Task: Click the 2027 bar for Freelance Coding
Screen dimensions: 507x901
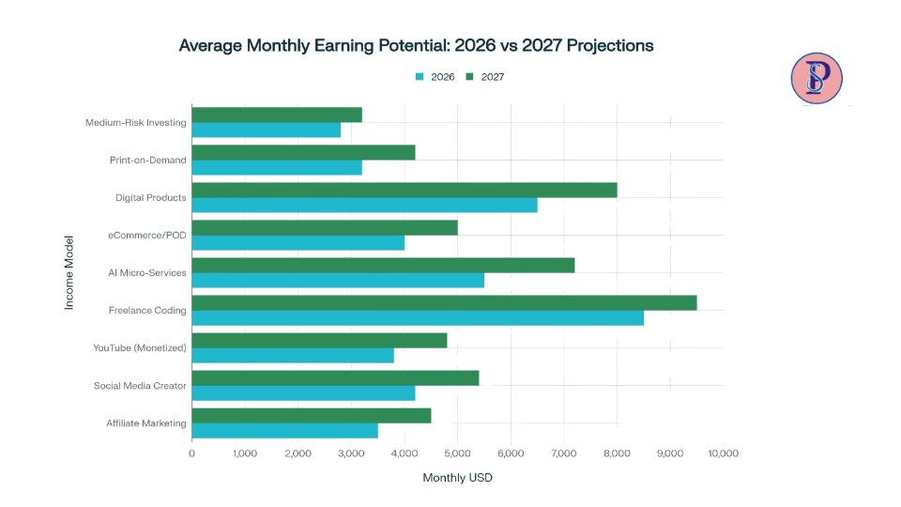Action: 444,302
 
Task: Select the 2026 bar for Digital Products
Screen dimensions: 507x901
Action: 364,205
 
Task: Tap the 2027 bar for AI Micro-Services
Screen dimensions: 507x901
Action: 383,265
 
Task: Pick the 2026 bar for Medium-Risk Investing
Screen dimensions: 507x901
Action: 266,130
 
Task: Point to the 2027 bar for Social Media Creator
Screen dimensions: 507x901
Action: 335,377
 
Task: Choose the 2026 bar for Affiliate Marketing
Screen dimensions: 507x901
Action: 284,430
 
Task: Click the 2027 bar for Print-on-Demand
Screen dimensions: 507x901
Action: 303,152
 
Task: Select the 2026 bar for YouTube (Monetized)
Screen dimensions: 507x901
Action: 293,355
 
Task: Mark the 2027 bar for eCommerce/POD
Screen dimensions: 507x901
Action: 325,227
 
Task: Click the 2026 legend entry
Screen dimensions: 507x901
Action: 435,77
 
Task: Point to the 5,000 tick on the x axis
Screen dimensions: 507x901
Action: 457,453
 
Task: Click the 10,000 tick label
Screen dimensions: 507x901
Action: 723,453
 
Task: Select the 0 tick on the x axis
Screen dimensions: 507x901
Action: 191,453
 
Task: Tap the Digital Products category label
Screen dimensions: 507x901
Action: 151,197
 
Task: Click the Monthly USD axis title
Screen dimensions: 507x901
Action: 457,478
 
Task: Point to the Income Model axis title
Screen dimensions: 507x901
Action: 69,272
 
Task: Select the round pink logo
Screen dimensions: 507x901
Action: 817,78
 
